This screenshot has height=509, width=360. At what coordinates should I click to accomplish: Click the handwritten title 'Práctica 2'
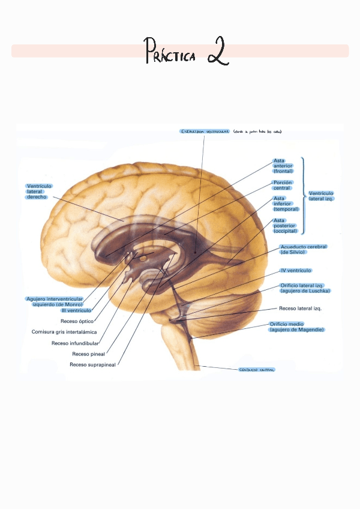point(187,52)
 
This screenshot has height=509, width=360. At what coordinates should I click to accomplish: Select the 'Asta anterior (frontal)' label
point(283,166)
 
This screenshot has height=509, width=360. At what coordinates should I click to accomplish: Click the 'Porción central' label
point(282,185)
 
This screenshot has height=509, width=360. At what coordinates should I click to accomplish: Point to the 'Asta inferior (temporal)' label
point(286,204)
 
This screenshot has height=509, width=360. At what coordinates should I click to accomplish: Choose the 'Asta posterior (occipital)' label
point(286,226)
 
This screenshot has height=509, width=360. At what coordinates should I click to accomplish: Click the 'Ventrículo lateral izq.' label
point(321,196)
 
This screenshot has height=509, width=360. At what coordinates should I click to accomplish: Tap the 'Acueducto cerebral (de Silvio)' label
point(304,249)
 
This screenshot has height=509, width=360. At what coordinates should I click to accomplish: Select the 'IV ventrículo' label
point(295,271)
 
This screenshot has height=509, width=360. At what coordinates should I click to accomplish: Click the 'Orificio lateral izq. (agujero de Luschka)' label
point(305,288)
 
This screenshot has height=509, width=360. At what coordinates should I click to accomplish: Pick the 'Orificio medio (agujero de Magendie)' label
point(296,327)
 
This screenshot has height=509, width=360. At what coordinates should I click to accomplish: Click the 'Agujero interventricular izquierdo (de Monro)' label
point(55,301)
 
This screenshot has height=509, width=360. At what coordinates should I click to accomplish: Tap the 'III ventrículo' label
point(76,310)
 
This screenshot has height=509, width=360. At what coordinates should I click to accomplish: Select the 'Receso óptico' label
point(77,321)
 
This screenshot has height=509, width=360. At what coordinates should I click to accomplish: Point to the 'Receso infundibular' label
point(75,343)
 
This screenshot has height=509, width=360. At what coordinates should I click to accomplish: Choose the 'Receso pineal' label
point(88,354)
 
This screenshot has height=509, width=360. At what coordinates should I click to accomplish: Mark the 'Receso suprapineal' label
point(92,364)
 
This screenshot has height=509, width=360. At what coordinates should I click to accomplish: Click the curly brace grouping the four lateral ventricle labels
point(303,196)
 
